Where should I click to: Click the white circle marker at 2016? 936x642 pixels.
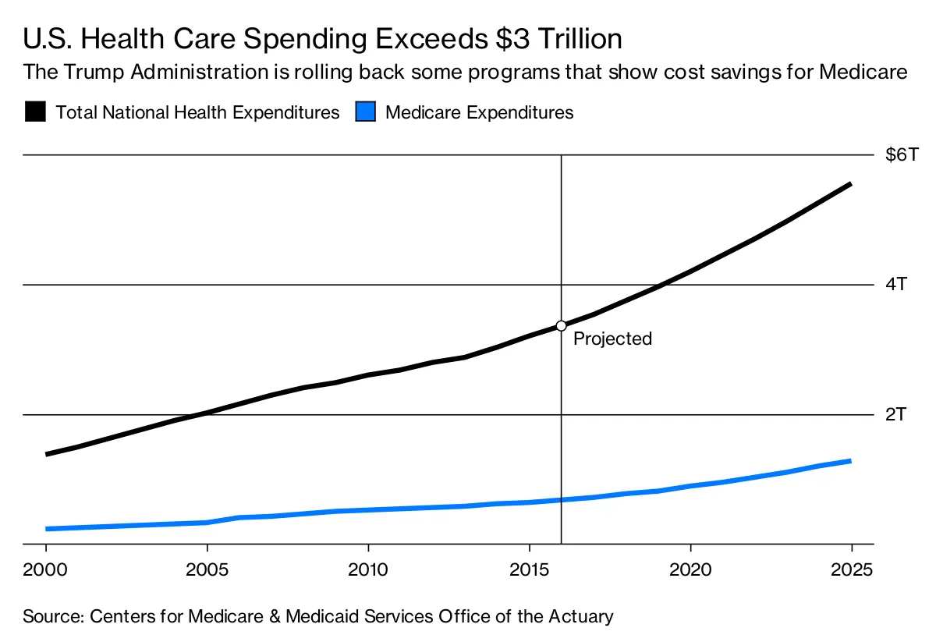coord(561,325)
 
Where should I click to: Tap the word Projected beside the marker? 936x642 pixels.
coord(612,339)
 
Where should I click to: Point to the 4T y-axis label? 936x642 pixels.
coord(896,284)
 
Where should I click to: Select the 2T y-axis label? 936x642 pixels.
coord(896,413)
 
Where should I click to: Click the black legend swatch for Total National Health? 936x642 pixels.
coord(34,112)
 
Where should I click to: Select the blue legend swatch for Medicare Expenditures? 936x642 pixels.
coord(365,112)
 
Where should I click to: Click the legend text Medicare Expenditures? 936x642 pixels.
coord(480,112)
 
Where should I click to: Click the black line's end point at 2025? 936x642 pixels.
coord(850,184)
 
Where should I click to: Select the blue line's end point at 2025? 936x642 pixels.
coord(850,461)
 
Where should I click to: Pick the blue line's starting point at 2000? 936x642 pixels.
coord(47,529)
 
